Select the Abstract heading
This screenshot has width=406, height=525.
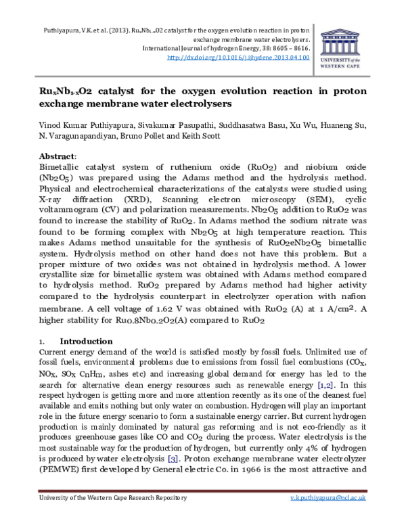pos(58,156)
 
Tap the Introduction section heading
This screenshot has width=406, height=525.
pos(86,341)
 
